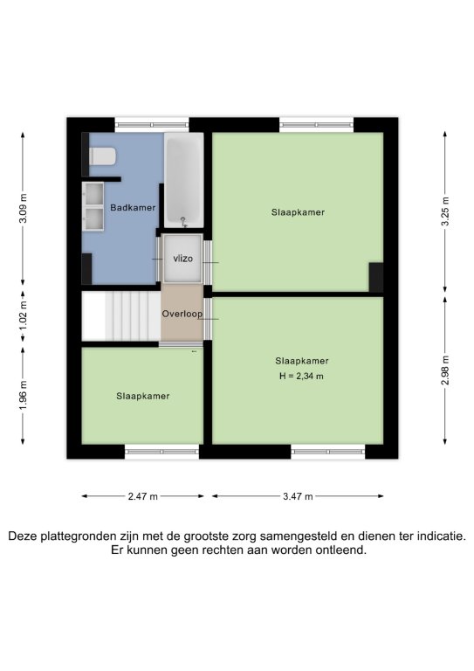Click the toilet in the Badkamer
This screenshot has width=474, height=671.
click(103, 156)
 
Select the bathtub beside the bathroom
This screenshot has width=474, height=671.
click(184, 180)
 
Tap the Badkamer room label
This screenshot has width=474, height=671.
click(133, 208)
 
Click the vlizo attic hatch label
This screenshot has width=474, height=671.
click(183, 259)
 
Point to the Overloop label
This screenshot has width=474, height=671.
click(182, 314)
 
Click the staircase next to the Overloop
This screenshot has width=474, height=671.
click(121, 315)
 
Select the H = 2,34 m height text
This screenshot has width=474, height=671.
click(301, 377)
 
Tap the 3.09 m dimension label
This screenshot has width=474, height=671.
click(23, 209)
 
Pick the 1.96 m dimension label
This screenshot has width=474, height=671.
click(23, 395)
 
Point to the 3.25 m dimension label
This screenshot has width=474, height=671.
click(445, 211)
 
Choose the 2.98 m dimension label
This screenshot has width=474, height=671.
click(445, 370)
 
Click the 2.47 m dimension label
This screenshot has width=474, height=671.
click(143, 496)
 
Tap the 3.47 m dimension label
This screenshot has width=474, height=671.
click(298, 496)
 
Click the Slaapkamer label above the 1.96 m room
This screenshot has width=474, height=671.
click(143, 397)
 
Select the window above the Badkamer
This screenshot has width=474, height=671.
click(152, 125)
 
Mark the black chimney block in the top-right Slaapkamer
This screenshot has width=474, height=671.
click(376, 277)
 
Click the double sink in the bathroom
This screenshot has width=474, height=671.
click(93, 207)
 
